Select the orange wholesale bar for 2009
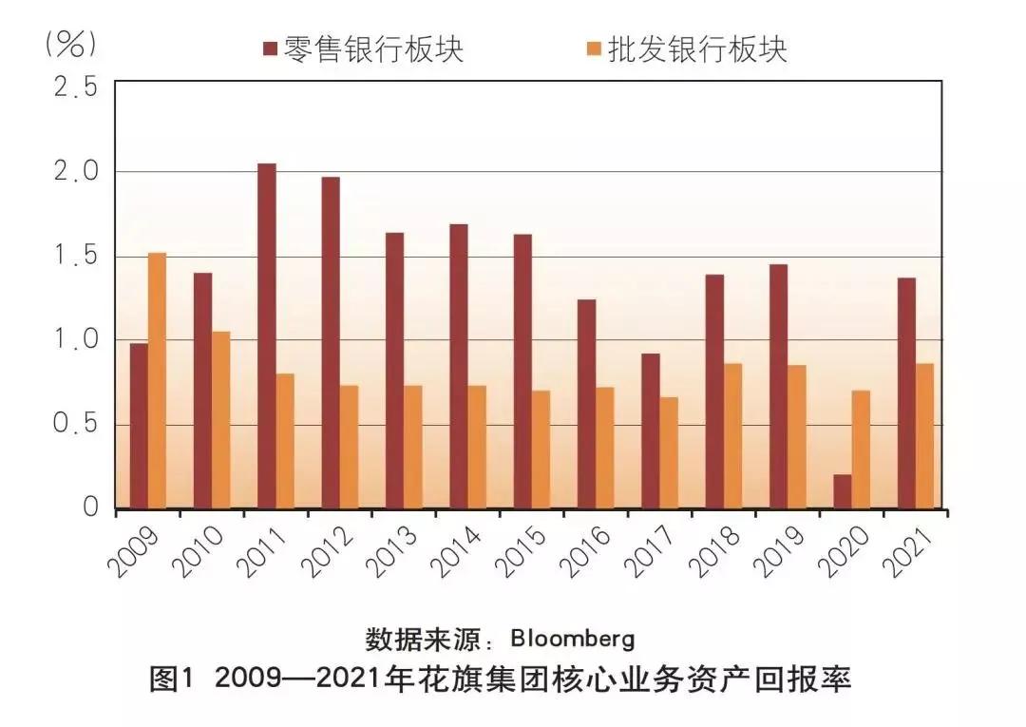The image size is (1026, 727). (157, 380)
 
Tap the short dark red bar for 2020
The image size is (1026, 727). (842, 491)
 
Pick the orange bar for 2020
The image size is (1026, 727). (861, 449)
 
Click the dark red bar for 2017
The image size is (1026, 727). (650, 430)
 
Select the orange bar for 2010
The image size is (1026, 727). (220, 419)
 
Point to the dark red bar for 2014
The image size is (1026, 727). (459, 366)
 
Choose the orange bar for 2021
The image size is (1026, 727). (924, 435)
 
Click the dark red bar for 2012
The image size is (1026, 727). (331, 342)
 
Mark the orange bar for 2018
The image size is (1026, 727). (732, 435)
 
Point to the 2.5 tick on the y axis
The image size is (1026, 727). (76, 87)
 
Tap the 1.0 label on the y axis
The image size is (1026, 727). (76, 340)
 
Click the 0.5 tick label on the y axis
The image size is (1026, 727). (76, 424)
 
